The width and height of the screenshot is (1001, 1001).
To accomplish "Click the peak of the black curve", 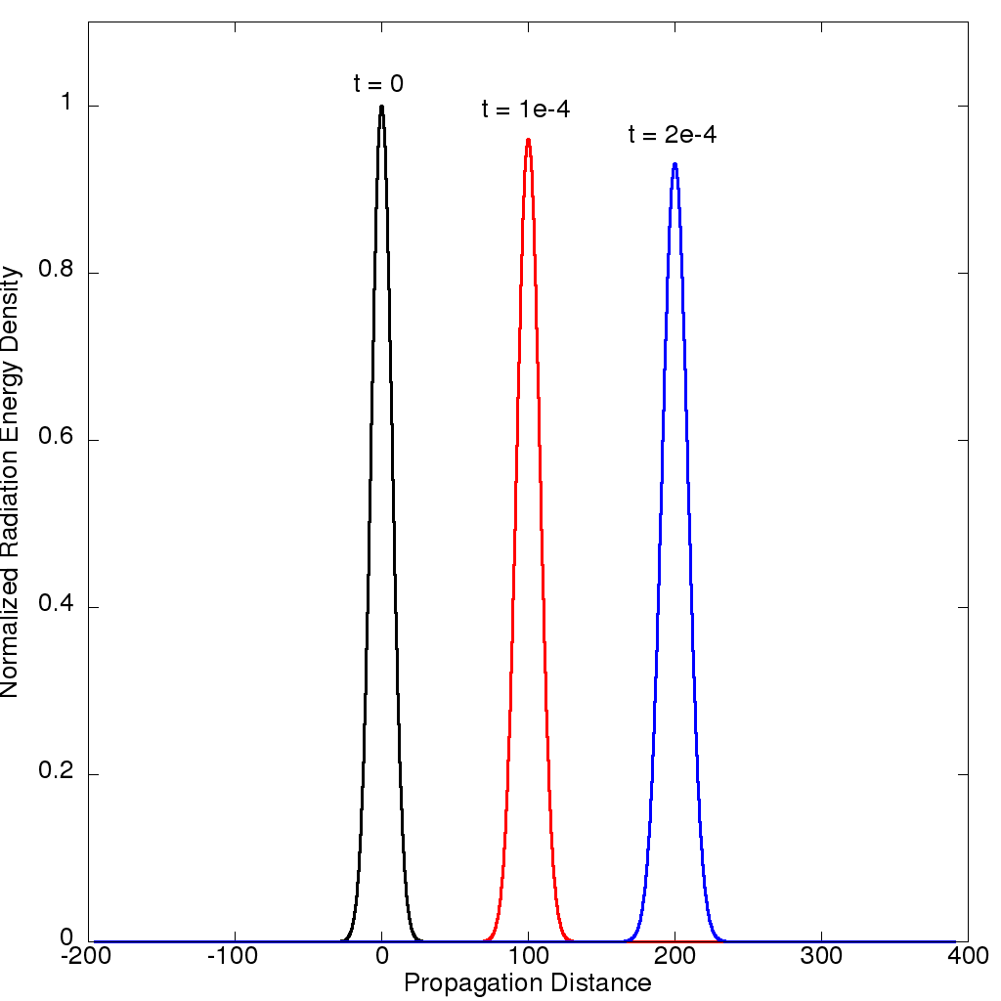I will (381, 107).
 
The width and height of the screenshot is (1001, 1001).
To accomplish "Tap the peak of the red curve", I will (528, 140).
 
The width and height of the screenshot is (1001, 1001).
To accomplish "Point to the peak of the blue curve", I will (675, 164).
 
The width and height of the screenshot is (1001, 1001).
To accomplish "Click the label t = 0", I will (378, 84).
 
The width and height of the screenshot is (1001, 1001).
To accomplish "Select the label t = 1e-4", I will (526, 109).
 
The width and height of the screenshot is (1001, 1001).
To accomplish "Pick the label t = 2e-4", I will (673, 135).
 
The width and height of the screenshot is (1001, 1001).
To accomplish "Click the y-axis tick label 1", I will (66, 106).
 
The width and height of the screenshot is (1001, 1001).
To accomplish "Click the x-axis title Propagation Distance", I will (528, 982).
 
